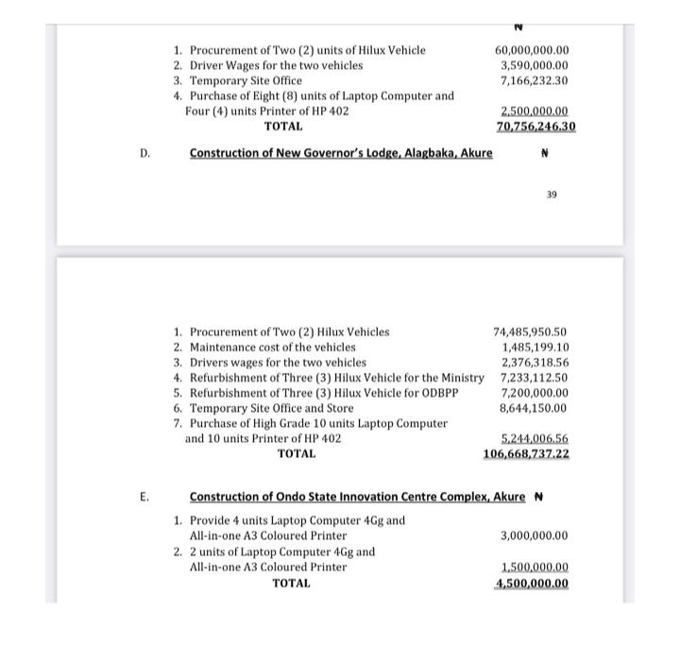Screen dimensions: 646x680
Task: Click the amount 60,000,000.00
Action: tap(537, 49)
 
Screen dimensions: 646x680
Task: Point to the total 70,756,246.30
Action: tap(536, 126)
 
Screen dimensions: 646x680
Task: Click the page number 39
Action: tap(552, 195)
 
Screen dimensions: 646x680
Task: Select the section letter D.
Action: tap(144, 152)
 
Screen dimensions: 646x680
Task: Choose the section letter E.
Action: tap(144, 496)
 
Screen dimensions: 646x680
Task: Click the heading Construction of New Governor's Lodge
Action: tap(341, 152)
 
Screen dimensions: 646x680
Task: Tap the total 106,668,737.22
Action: tap(526, 453)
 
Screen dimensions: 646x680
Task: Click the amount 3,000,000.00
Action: tap(534, 535)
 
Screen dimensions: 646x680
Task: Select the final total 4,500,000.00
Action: tap(532, 583)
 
